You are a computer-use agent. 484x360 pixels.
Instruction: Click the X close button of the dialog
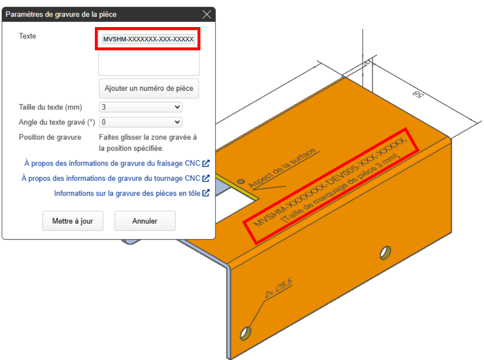207,14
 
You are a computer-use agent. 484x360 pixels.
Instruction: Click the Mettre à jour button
73,221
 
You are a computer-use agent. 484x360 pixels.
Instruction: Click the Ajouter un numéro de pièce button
149,89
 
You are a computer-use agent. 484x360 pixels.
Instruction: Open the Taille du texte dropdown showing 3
141,107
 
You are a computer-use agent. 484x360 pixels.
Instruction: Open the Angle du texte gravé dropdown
141,122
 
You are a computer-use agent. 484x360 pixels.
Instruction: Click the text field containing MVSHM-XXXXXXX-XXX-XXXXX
149,39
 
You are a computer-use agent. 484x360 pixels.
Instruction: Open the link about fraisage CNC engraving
117,163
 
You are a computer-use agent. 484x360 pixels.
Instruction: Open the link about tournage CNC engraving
116,178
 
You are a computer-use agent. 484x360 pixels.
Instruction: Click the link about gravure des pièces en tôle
132,194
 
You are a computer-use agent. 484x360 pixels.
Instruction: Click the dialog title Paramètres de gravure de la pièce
61,15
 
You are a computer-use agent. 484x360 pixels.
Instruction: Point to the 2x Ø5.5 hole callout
278,288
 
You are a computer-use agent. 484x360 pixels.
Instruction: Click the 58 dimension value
418,94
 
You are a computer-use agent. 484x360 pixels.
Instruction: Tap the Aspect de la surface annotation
282,167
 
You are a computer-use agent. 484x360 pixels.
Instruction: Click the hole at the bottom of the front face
245,333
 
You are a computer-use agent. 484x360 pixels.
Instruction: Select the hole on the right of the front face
386,253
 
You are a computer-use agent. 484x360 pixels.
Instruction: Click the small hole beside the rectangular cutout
241,181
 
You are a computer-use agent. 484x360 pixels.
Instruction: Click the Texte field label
28,36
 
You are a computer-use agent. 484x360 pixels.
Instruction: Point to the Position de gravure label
50,137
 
